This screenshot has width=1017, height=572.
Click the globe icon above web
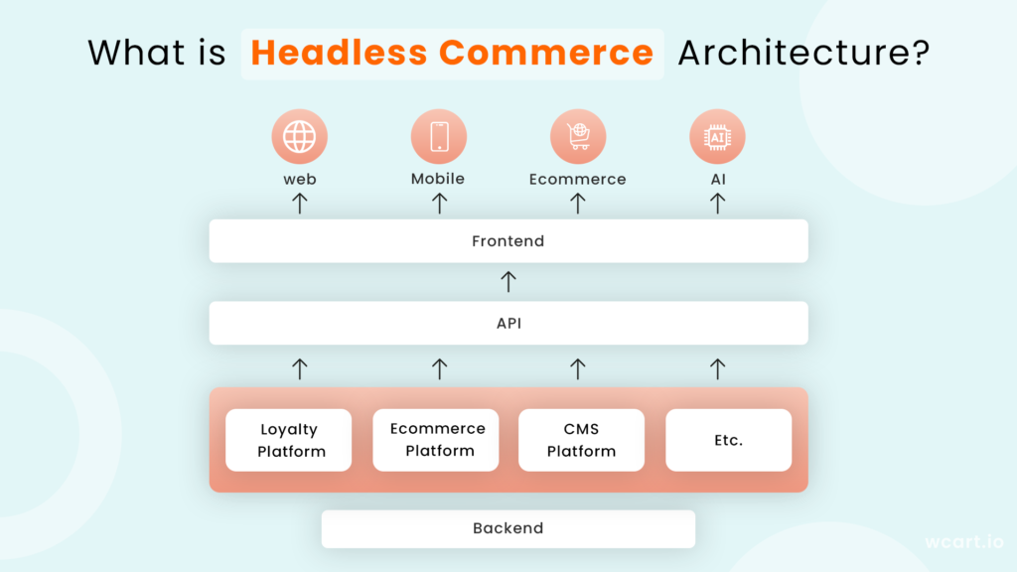coord(299,136)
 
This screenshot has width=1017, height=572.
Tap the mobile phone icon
coord(439,136)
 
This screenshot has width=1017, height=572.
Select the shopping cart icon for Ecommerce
coord(578,136)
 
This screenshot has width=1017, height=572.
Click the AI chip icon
coord(717,137)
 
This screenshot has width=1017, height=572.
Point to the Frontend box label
coord(508,241)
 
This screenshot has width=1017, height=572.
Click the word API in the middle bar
coord(508,323)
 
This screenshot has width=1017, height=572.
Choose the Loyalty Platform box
coord(289,440)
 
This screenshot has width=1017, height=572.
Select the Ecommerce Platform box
coord(436,440)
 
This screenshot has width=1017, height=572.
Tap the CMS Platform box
coord(581,440)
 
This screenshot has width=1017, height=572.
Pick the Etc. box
coord(728,440)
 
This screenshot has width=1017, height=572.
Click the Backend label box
coord(508,528)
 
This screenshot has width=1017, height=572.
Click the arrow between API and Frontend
coord(508,281)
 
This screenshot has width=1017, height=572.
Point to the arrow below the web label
coord(300,203)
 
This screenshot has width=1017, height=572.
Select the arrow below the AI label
coord(717,203)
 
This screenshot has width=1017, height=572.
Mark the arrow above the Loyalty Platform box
coord(300,368)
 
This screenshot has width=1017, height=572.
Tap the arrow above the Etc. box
coord(717,368)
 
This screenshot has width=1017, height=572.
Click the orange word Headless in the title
coord(340,53)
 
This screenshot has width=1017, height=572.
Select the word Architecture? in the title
coord(804,53)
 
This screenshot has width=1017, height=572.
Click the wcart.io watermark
coord(964,541)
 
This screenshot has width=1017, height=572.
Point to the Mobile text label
coord(438,179)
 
